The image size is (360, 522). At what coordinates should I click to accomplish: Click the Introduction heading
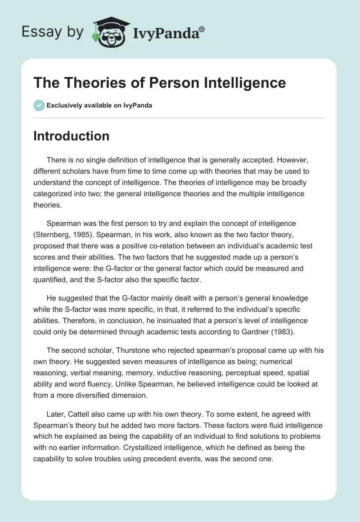click(x=71, y=136)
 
